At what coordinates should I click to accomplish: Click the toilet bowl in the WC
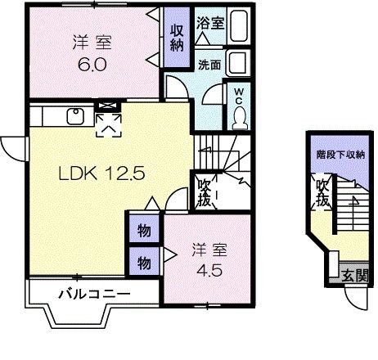238,117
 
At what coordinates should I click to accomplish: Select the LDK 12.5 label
90,173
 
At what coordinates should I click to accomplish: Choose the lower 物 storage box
143,263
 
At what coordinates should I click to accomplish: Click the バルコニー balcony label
93,292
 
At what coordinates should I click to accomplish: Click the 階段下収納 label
340,155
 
